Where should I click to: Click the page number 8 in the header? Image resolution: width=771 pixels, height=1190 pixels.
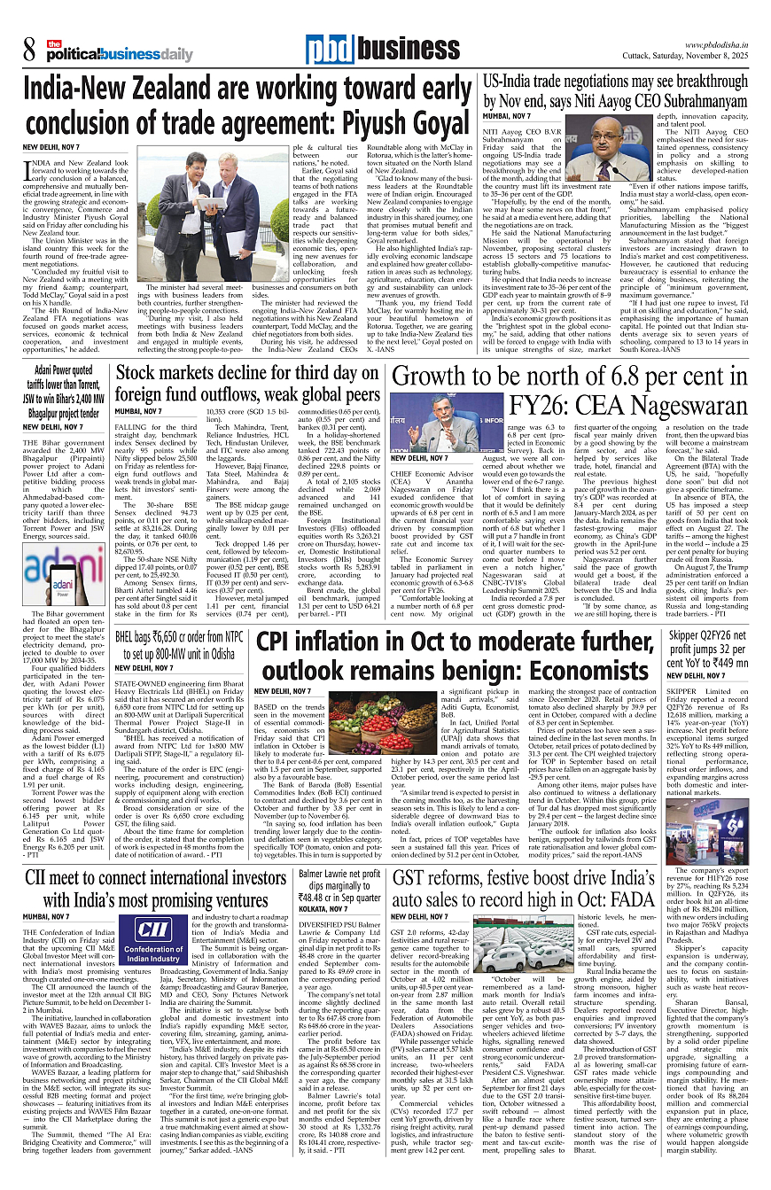(29, 48)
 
